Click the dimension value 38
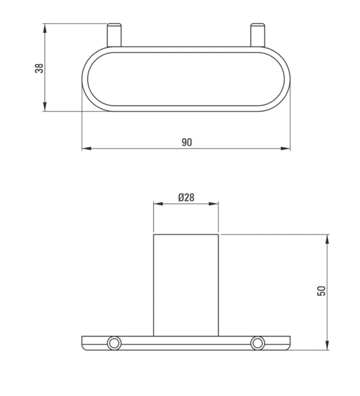tap(39, 68)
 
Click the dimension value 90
tap(187, 143)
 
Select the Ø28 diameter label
tap(186, 197)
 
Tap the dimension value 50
tap(321, 291)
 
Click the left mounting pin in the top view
tap(114, 35)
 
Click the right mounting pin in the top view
tap(257, 35)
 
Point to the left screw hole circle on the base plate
tap(114, 343)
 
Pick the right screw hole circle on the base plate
tap(257, 343)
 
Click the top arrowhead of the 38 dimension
tap(45, 29)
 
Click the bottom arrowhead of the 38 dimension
tap(45, 106)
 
